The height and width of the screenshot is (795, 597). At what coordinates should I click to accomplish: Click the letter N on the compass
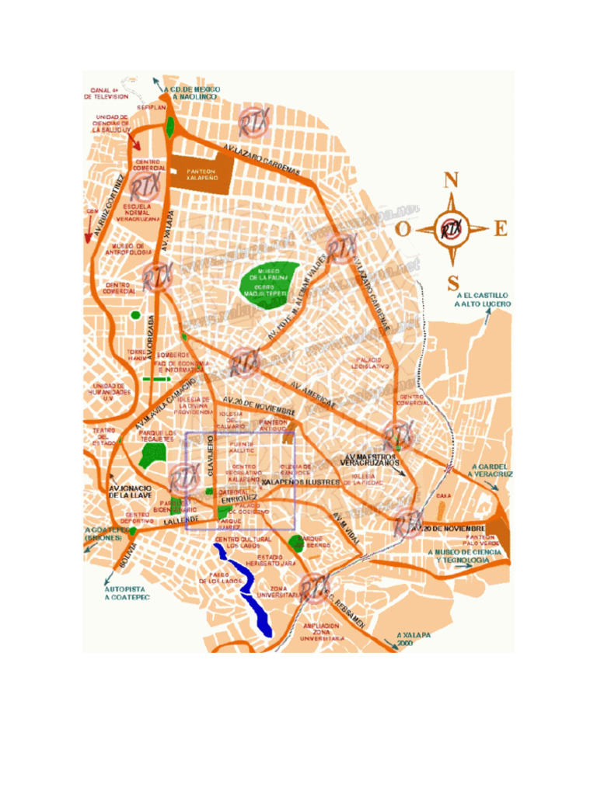tap(450, 180)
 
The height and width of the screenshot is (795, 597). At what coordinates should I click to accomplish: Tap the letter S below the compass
tap(452, 282)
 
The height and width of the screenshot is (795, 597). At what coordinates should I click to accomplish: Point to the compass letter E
tap(501, 228)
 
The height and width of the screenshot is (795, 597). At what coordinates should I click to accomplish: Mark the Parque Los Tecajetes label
tap(158, 435)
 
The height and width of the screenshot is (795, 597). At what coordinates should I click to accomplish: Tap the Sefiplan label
tap(152, 106)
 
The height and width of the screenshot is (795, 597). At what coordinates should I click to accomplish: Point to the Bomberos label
tap(173, 356)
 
